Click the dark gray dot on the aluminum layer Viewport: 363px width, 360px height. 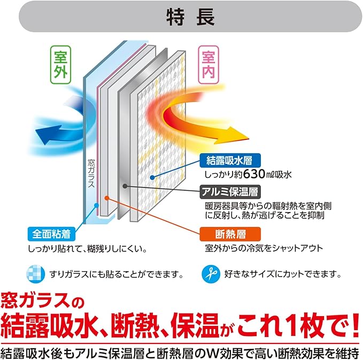click(125, 186)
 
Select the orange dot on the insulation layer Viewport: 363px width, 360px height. click(107, 197)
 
